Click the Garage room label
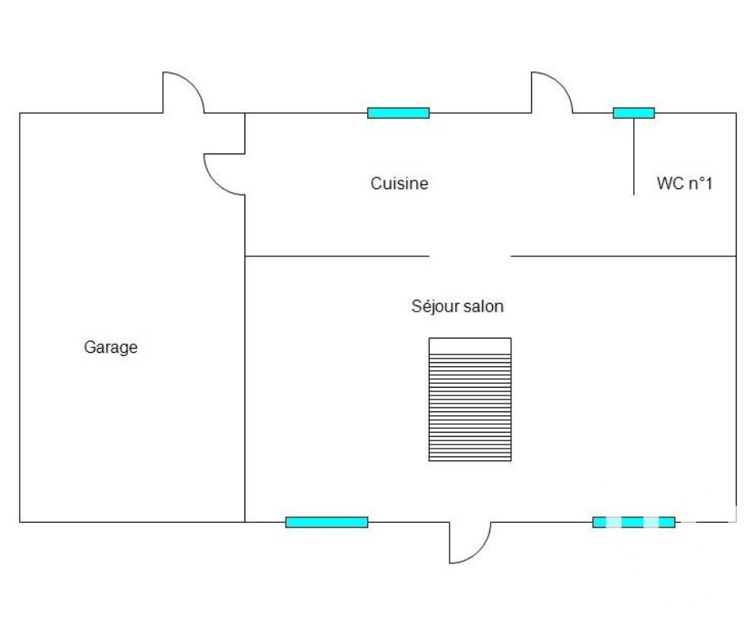point(111,347)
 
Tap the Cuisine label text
point(400,184)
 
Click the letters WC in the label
point(668,184)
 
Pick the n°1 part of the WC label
point(699,184)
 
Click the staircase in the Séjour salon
point(470,407)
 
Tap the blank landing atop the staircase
point(470,346)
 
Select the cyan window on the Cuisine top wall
point(398,113)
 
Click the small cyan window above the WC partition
point(634,113)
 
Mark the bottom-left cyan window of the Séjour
point(327,522)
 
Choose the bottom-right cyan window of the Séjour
point(634,522)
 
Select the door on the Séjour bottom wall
point(471,544)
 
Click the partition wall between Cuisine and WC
point(635,158)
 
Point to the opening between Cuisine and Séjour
point(470,256)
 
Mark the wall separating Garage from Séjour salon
point(245,388)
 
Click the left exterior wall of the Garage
point(20,316)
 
